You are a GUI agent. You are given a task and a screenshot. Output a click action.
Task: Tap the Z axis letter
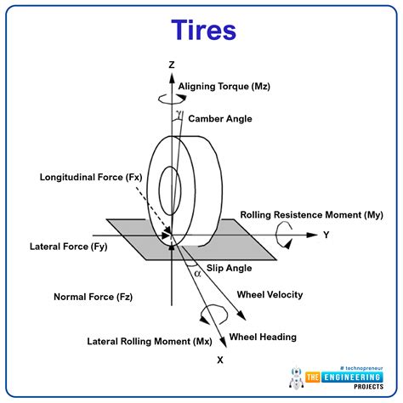tap(171, 65)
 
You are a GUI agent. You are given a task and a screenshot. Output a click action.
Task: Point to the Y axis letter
tap(326, 235)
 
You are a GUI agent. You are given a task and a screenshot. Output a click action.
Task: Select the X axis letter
tap(219, 360)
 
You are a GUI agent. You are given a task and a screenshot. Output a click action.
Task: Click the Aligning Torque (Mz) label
tap(225, 86)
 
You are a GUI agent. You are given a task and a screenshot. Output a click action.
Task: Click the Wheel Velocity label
tap(270, 295)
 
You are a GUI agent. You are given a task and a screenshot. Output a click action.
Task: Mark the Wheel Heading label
tap(264, 337)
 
